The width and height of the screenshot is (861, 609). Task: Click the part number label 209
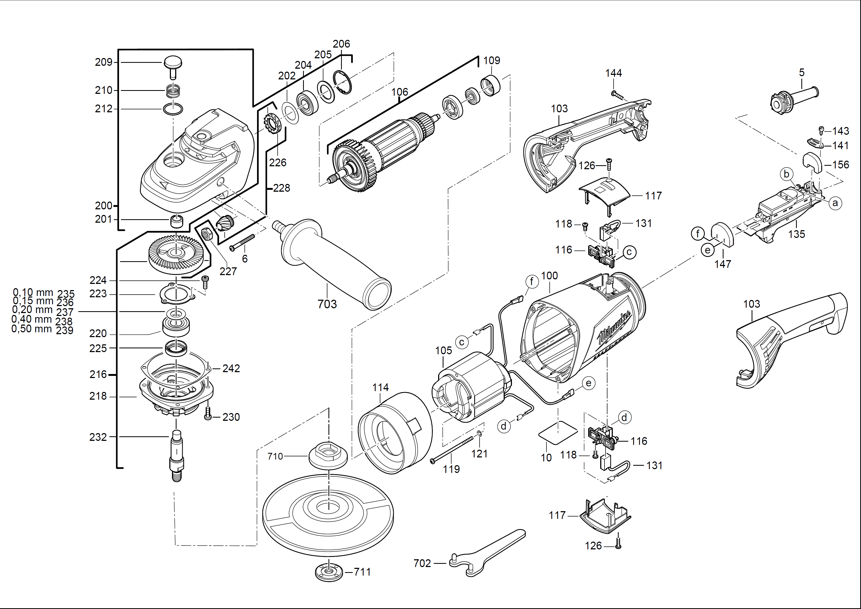(104, 62)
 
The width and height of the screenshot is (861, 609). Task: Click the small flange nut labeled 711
(329, 572)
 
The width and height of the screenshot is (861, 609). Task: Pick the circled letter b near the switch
(787, 174)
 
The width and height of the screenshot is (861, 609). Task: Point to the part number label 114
(380, 387)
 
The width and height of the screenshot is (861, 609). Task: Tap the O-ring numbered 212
(173, 109)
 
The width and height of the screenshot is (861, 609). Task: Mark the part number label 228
(281, 188)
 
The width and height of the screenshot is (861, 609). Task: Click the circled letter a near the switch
(835, 203)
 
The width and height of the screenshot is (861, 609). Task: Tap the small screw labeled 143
(821, 130)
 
